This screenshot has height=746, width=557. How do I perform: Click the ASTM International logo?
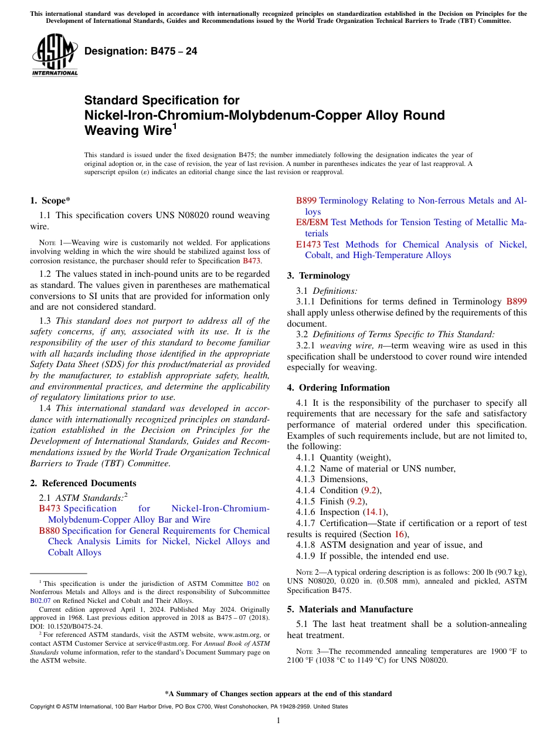55,55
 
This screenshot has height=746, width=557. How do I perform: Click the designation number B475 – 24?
141,52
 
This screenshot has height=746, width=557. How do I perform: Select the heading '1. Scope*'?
50,200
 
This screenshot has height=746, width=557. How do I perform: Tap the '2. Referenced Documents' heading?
83,483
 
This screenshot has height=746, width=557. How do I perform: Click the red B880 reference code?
49,531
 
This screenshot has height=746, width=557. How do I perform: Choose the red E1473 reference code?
308,245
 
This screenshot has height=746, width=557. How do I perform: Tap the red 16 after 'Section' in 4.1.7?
399,534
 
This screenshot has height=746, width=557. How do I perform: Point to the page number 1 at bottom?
278,721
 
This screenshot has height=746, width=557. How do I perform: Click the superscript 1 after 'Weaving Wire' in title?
175,125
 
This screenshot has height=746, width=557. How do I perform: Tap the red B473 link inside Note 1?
252,261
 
